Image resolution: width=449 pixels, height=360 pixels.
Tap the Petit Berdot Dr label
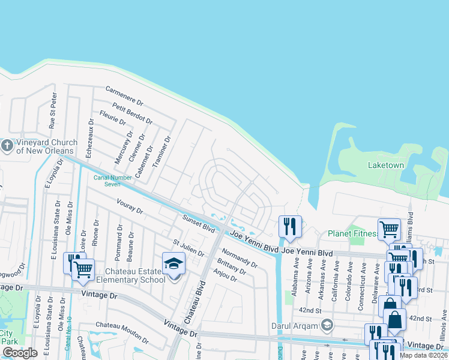[x=132, y=112]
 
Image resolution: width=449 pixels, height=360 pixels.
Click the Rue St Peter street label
[x=53, y=110]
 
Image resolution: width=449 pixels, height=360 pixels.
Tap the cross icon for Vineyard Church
[x=7, y=146]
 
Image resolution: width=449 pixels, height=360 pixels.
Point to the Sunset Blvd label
[x=199, y=224]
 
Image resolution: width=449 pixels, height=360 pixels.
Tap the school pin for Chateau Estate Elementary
[x=173, y=263]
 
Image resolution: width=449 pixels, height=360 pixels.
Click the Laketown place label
[x=385, y=164]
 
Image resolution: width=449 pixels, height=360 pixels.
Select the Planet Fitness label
[x=352, y=233]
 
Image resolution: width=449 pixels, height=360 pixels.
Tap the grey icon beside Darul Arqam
[x=327, y=326]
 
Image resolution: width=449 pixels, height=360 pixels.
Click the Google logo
[x=20, y=353]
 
